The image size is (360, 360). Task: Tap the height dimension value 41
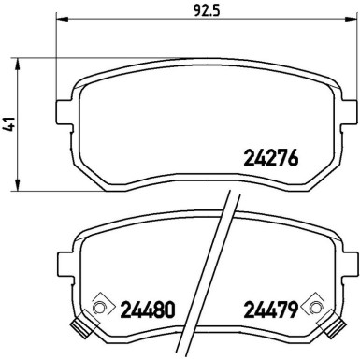[x=10, y=123]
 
